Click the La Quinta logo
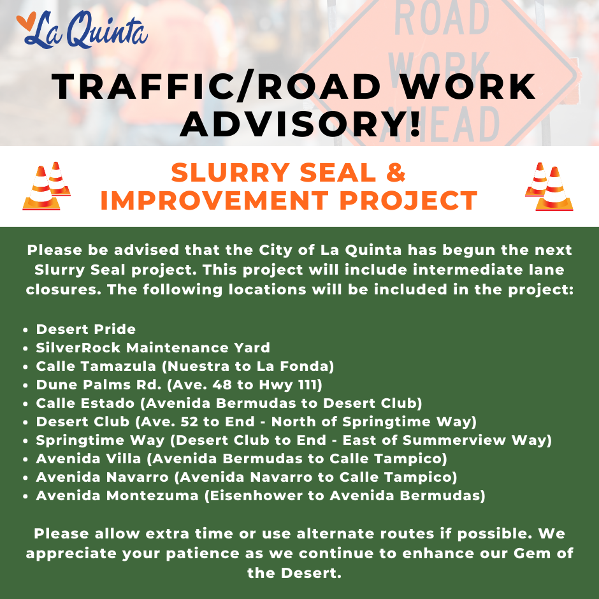pyautogui.click(x=82, y=30)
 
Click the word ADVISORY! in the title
pyautogui.click(x=300, y=124)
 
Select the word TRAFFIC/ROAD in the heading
pyautogui.click(x=216, y=87)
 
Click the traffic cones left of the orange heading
pyautogui.click(x=47, y=186)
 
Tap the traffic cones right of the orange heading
pyautogui.click(x=549, y=187)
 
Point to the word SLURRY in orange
pyautogui.click(x=230, y=173)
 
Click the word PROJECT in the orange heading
pyautogui.click(x=408, y=201)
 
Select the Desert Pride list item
pyautogui.click(x=85, y=329)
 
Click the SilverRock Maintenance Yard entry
pyautogui.click(x=153, y=348)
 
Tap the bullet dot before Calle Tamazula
pyautogui.click(x=25, y=367)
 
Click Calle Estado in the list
pyautogui.click(x=85, y=403)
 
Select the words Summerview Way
pyautogui.click(x=475, y=440)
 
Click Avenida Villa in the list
pyautogui.click(x=89, y=459)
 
